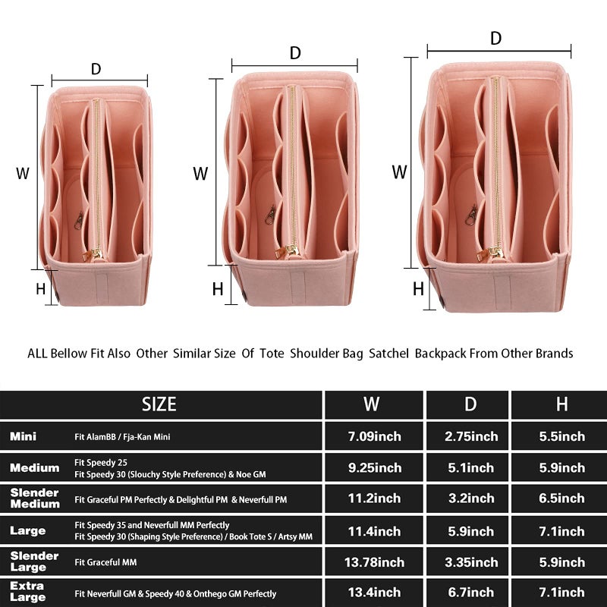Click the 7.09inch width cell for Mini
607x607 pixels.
[374, 436]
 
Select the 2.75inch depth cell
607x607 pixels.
[471, 436]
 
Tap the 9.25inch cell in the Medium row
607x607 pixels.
[374, 467]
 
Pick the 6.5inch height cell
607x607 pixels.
[561, 498]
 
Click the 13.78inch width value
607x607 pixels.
[374, 562]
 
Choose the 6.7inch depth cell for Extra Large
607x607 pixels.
[471, 593]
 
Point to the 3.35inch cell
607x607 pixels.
[471, 562]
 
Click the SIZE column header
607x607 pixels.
[159, 404]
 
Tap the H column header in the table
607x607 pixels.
[561, 404]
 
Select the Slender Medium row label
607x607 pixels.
[35, 498]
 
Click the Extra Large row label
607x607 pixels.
[27, 592]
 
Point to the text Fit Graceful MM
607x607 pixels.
[105, 562]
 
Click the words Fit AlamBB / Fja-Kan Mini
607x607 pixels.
[122, 437]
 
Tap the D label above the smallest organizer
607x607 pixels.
[96, 69]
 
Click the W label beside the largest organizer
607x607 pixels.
[399, 172]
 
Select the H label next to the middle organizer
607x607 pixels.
[218, 289]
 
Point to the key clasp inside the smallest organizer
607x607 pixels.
[79, 221]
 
